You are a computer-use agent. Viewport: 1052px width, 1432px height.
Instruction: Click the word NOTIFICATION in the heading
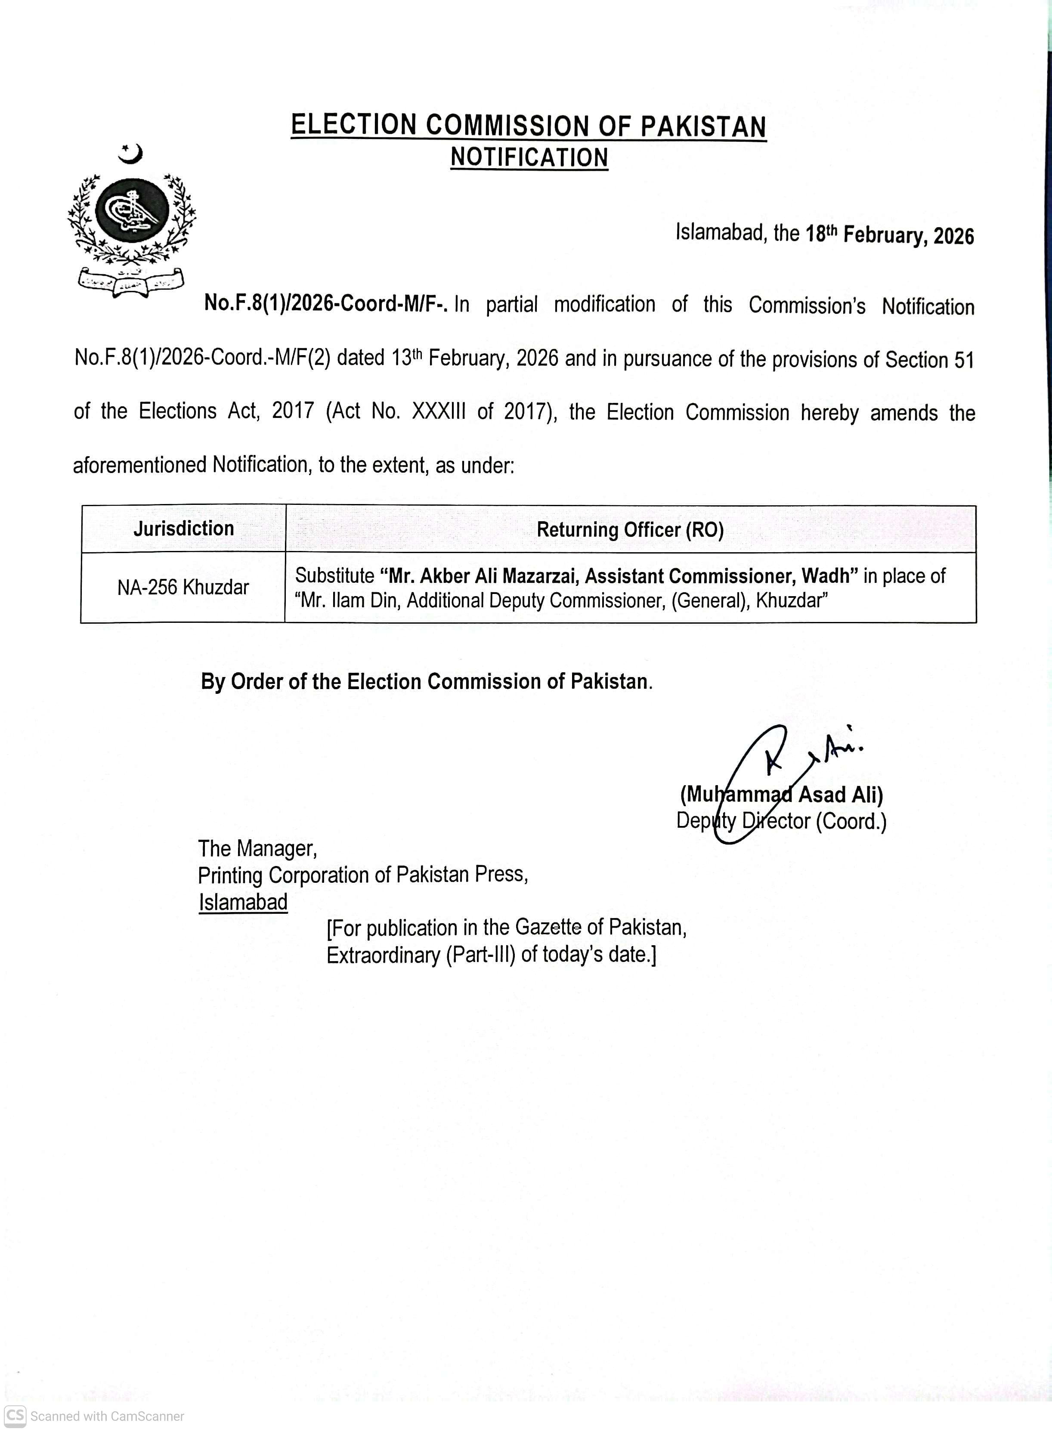click(529, 157)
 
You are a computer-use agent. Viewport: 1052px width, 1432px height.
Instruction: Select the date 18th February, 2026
click(890, 235)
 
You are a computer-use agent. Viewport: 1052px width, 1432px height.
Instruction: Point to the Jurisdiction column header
click(183, 529)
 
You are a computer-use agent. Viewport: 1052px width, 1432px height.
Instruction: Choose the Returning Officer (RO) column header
click(630, 530)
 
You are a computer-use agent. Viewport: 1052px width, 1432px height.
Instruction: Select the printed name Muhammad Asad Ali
click(781, 795)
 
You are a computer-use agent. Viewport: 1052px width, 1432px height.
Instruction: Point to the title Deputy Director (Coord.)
click(781, 821)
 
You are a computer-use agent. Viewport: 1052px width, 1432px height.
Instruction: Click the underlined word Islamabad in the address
click(243, 902)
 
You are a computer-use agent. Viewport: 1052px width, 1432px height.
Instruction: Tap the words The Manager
click(257, 849)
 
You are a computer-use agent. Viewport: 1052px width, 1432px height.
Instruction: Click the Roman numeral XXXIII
click(438, 412)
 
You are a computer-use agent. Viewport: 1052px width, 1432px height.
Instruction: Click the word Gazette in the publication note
click(548, 928)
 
